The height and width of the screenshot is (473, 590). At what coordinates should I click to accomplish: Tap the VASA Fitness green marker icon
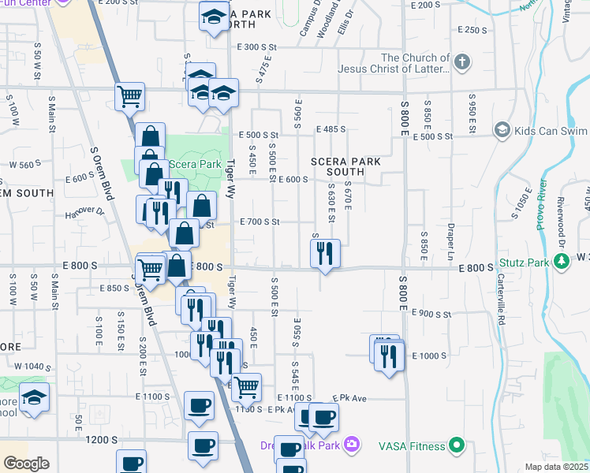tap(455, 446)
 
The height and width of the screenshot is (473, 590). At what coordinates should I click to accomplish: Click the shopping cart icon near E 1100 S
tap(248, 386)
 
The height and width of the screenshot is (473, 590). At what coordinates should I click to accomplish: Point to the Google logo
tap(27, 464)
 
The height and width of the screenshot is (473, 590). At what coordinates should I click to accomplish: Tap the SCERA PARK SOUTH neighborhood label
tap(345, 166)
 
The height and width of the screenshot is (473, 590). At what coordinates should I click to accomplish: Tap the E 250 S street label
tap(472, 30)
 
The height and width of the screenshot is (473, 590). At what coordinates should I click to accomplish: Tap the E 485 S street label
tap(331, 129)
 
